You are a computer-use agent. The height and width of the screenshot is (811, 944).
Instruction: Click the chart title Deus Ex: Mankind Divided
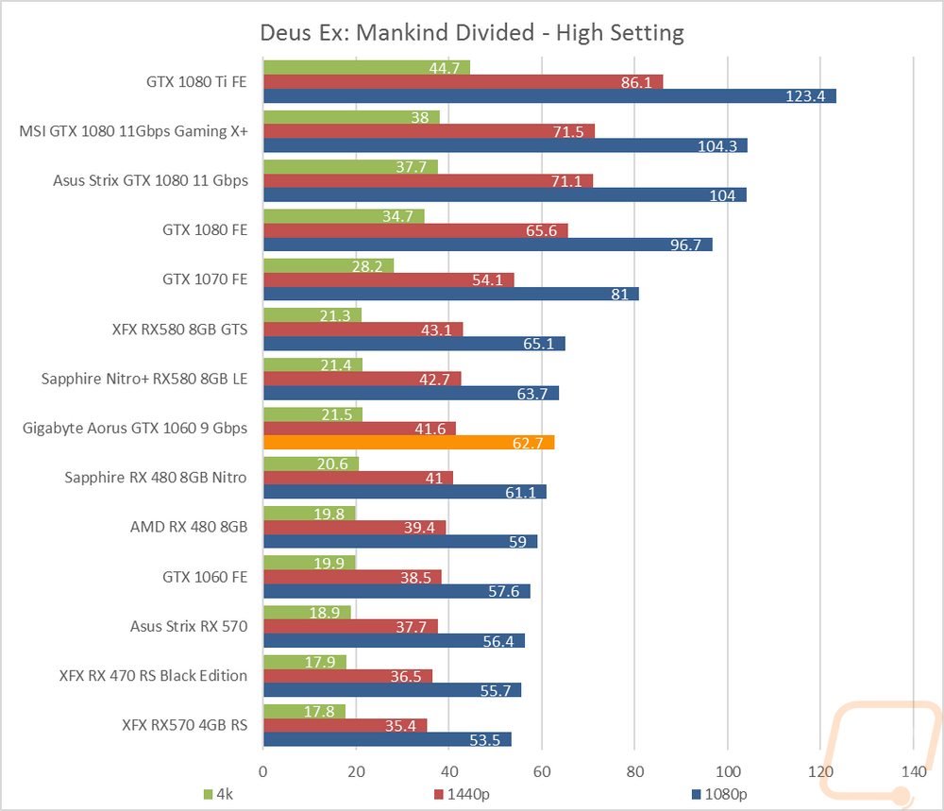point(471,33)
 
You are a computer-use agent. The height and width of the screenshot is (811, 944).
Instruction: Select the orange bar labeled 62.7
point(408,442)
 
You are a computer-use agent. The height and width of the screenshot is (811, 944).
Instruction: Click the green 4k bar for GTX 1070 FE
point(328,265)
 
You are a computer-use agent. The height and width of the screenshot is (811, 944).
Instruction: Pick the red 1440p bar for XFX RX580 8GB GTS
point(362,329)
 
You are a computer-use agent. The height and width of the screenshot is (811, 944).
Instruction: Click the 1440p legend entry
point(462,794)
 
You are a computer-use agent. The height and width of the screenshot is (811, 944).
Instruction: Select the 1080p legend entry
point(723,794)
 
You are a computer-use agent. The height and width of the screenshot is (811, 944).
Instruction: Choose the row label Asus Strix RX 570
point(189,626)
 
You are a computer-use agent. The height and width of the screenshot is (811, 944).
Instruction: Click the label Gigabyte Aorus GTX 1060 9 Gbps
point(135,428)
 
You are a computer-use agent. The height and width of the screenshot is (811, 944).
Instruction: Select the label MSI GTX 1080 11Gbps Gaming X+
point(133,131)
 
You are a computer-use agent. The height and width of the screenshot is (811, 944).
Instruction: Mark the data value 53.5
point(490,739)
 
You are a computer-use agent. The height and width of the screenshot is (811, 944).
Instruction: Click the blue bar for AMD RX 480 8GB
point(399,541)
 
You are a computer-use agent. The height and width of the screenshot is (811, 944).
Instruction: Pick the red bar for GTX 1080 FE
point(415,230)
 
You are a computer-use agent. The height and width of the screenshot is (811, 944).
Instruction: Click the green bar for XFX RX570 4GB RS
point(304,711)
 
